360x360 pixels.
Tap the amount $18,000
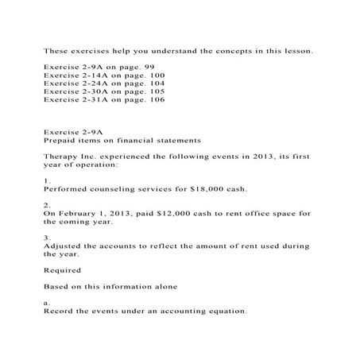tap(212, 190)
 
